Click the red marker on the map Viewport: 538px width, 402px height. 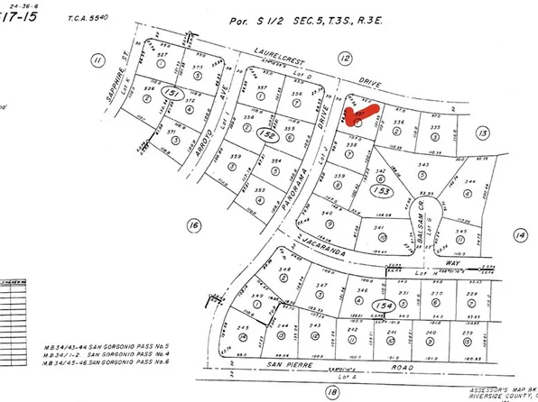pos(358,114)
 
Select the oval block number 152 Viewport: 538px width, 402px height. pos(241,133)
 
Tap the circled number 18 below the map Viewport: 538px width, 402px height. pos(332,391)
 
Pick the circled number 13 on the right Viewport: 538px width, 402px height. pos(483,133)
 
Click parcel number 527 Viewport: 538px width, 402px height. pos(162,56)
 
